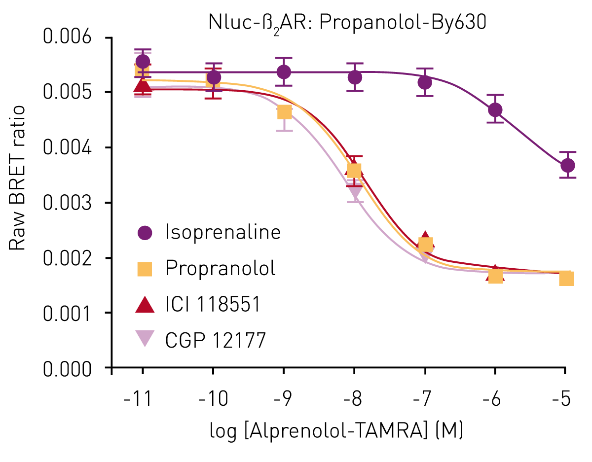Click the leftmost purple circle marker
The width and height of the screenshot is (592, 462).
tap(142, 62)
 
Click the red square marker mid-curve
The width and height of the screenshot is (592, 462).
tap(355, 155)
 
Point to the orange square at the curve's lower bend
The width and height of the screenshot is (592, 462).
tap(425, 245)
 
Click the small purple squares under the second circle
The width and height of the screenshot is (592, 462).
tap(213, 93)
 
